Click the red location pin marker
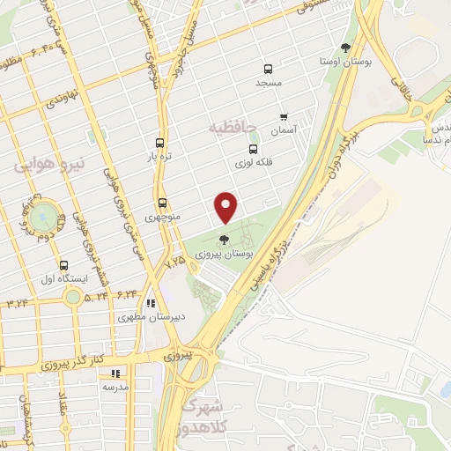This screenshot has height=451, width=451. pos(227,207)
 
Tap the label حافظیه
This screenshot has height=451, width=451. pos(233,129)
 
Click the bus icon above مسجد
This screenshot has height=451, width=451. pos(268,69)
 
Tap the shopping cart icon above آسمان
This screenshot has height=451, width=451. pos(283,116)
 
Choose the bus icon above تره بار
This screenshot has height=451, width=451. pos(159,142)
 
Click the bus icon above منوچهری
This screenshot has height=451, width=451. pos(161,203)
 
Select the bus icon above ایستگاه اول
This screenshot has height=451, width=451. pos(63,264)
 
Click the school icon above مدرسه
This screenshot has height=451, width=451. pos(115,373)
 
